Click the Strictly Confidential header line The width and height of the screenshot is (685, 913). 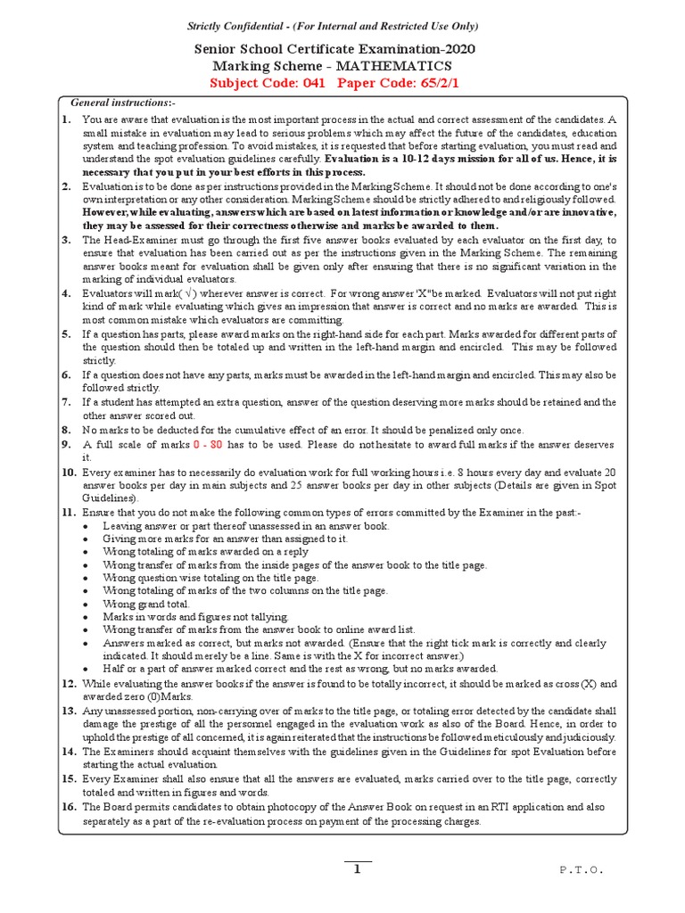pyautogui.click(x=343, y=27)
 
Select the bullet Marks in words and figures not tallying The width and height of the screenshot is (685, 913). pyautogui.click(x=195, y=616)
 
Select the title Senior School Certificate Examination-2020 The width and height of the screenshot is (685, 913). pyautogui.click(x=343, y=49)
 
